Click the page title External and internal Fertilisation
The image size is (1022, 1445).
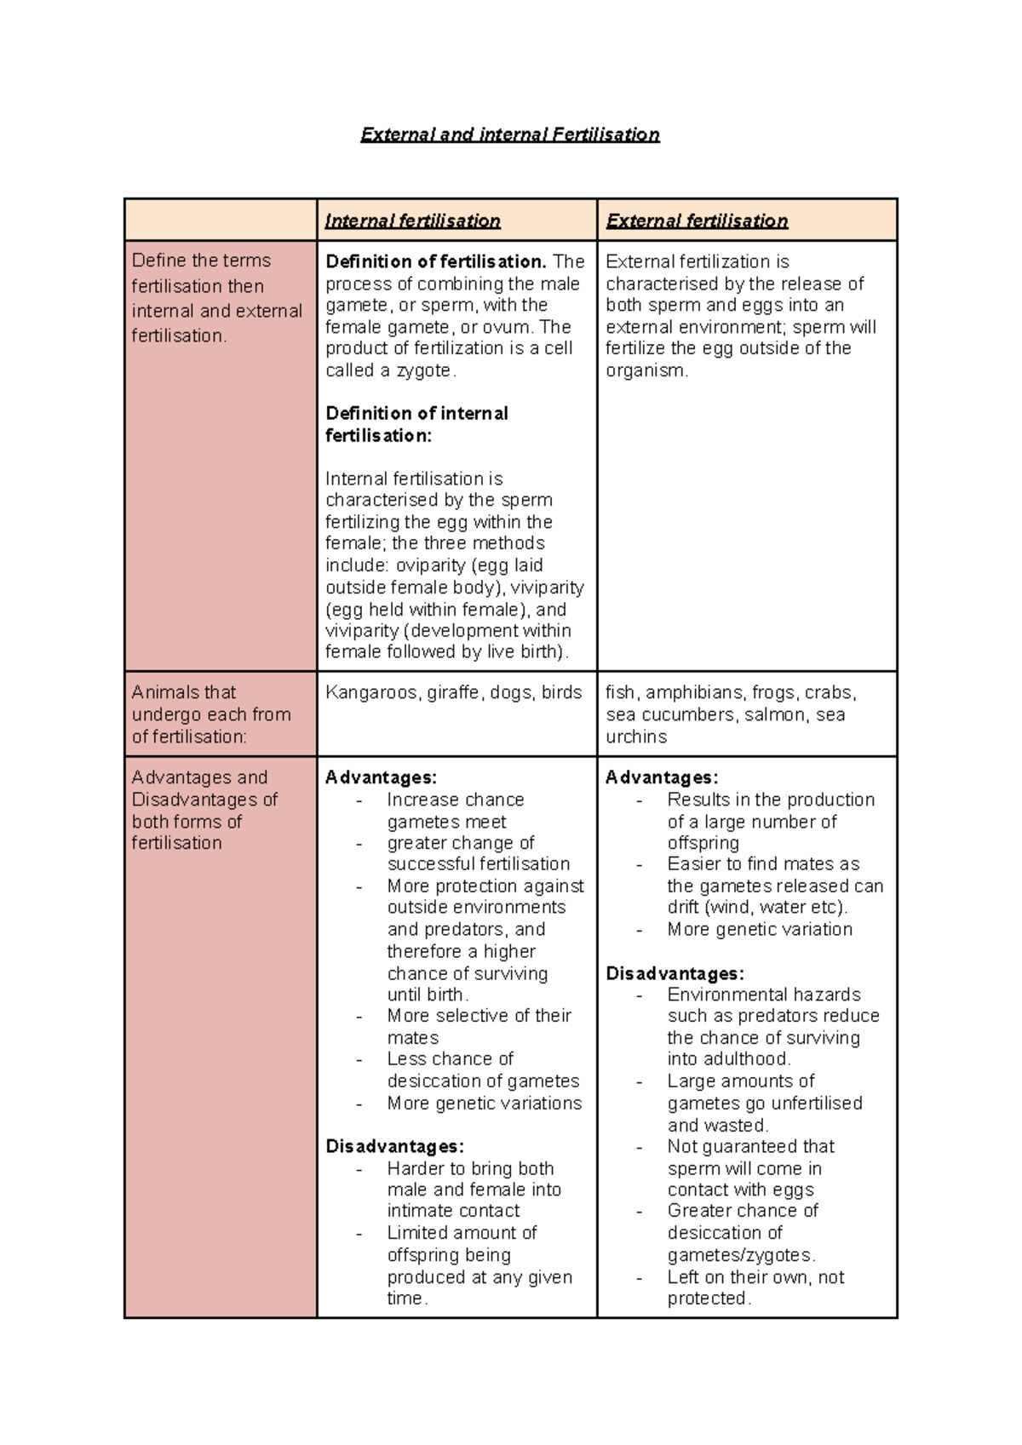(x=509, y=135)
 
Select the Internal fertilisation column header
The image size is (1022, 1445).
(x=412, y=221)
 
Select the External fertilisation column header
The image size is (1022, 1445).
(x=696, y=221)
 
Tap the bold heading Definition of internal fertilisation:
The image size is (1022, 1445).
(x=416, y=424)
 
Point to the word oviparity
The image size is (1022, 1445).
(x=433, y=565)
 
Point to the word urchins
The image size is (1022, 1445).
(x=636, y=737)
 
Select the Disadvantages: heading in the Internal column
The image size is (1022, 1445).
(x=394, y=1146)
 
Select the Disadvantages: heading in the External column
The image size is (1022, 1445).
(x=675, y=973)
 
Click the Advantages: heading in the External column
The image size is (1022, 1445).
(x=662, y=777)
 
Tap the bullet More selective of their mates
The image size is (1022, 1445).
(x=479, y=1026)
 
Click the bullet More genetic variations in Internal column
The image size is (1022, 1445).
(x=484, y=1103)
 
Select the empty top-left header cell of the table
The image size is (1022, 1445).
(x=221, y=220)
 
